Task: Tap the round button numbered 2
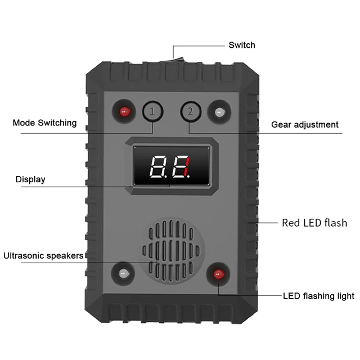(190, 111)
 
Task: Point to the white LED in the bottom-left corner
(123, 274)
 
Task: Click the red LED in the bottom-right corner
(218, 274)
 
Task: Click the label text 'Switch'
(242, 45)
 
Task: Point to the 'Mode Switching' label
(44, 123)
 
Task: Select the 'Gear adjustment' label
(305, 124)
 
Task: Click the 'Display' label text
(30, 179)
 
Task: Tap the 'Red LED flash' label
(314, 223)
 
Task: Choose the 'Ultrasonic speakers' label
(43, 256)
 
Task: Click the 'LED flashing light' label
(318, 296)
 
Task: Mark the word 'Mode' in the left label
(24, 123)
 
